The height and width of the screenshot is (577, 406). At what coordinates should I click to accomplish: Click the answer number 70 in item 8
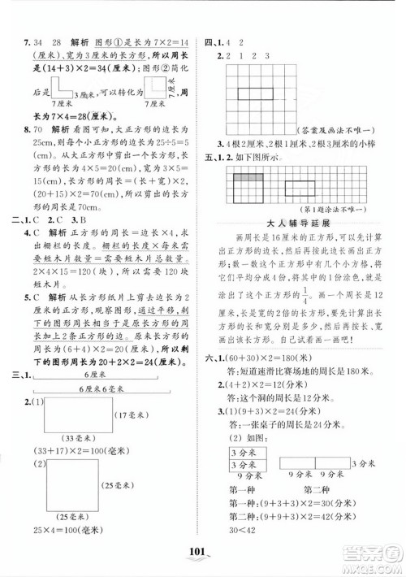37,127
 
